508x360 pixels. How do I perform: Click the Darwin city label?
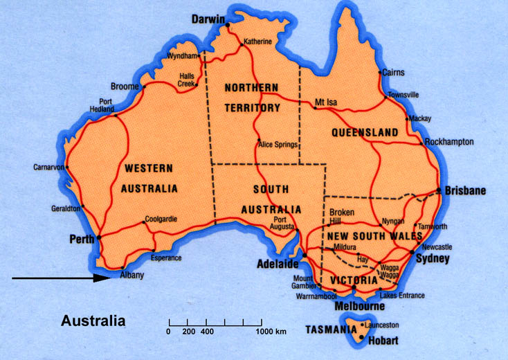(208, 19)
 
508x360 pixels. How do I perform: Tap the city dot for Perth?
(98, 237)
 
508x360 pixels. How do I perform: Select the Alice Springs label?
(278, 145)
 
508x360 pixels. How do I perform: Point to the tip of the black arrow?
(110, 278)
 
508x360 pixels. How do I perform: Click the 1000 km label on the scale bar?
(271, 332)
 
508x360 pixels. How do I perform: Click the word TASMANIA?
(331, 330)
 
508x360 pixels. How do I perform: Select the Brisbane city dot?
(438, 190)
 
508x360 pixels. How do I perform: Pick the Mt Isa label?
(325, 102)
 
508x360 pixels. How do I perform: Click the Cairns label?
(394, 71)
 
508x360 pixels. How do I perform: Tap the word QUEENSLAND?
(364, 132)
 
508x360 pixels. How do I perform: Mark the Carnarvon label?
(48, 168)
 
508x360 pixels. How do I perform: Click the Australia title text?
(93, 321)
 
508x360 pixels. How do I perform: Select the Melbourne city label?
(359, 306)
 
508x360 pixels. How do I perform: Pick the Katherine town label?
(257, 42)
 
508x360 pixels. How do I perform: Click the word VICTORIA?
(353, 280)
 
